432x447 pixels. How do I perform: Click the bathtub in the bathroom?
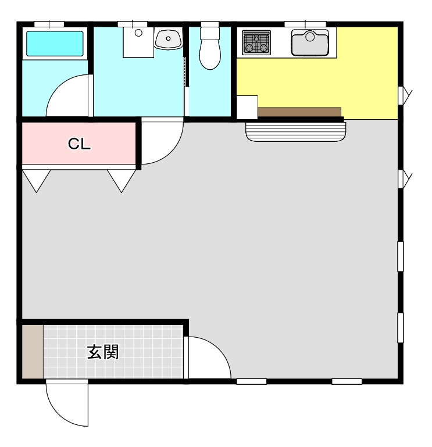[55, 44]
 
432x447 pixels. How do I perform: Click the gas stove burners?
[256, 43]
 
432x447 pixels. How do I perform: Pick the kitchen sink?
[310, 43]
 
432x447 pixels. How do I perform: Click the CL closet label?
[79, 144]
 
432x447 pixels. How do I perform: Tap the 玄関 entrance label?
[103, 352]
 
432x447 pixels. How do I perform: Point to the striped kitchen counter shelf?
[296, 132]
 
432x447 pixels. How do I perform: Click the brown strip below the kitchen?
[299, 112]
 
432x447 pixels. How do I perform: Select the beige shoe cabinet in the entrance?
[33, 352]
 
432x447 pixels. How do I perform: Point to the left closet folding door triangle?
[37, 181]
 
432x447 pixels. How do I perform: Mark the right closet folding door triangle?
[122, 181]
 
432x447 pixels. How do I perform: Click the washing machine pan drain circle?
[138, 33]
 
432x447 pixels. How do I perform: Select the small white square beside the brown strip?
[247, 107]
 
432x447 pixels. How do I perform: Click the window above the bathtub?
[49, 24]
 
